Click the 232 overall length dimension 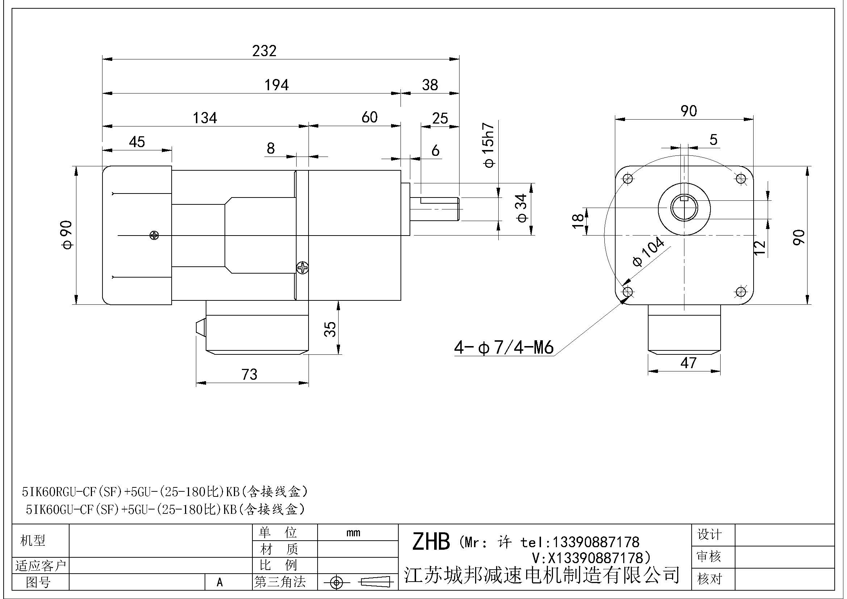point(264,51)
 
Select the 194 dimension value point(276,85)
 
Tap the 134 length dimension point(205,118)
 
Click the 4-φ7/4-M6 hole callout point(504,348)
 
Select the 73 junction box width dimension point(250,375)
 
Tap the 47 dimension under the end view point(688,363)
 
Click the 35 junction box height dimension point(331,329)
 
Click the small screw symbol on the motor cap point(154,235)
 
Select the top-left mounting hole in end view point(628,179)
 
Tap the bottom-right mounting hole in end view point(741,292)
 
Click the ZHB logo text point(431,542)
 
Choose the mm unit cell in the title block point(353,533)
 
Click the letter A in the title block point(220,582)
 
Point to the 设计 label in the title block point(709,534)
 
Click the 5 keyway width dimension point(713,140)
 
